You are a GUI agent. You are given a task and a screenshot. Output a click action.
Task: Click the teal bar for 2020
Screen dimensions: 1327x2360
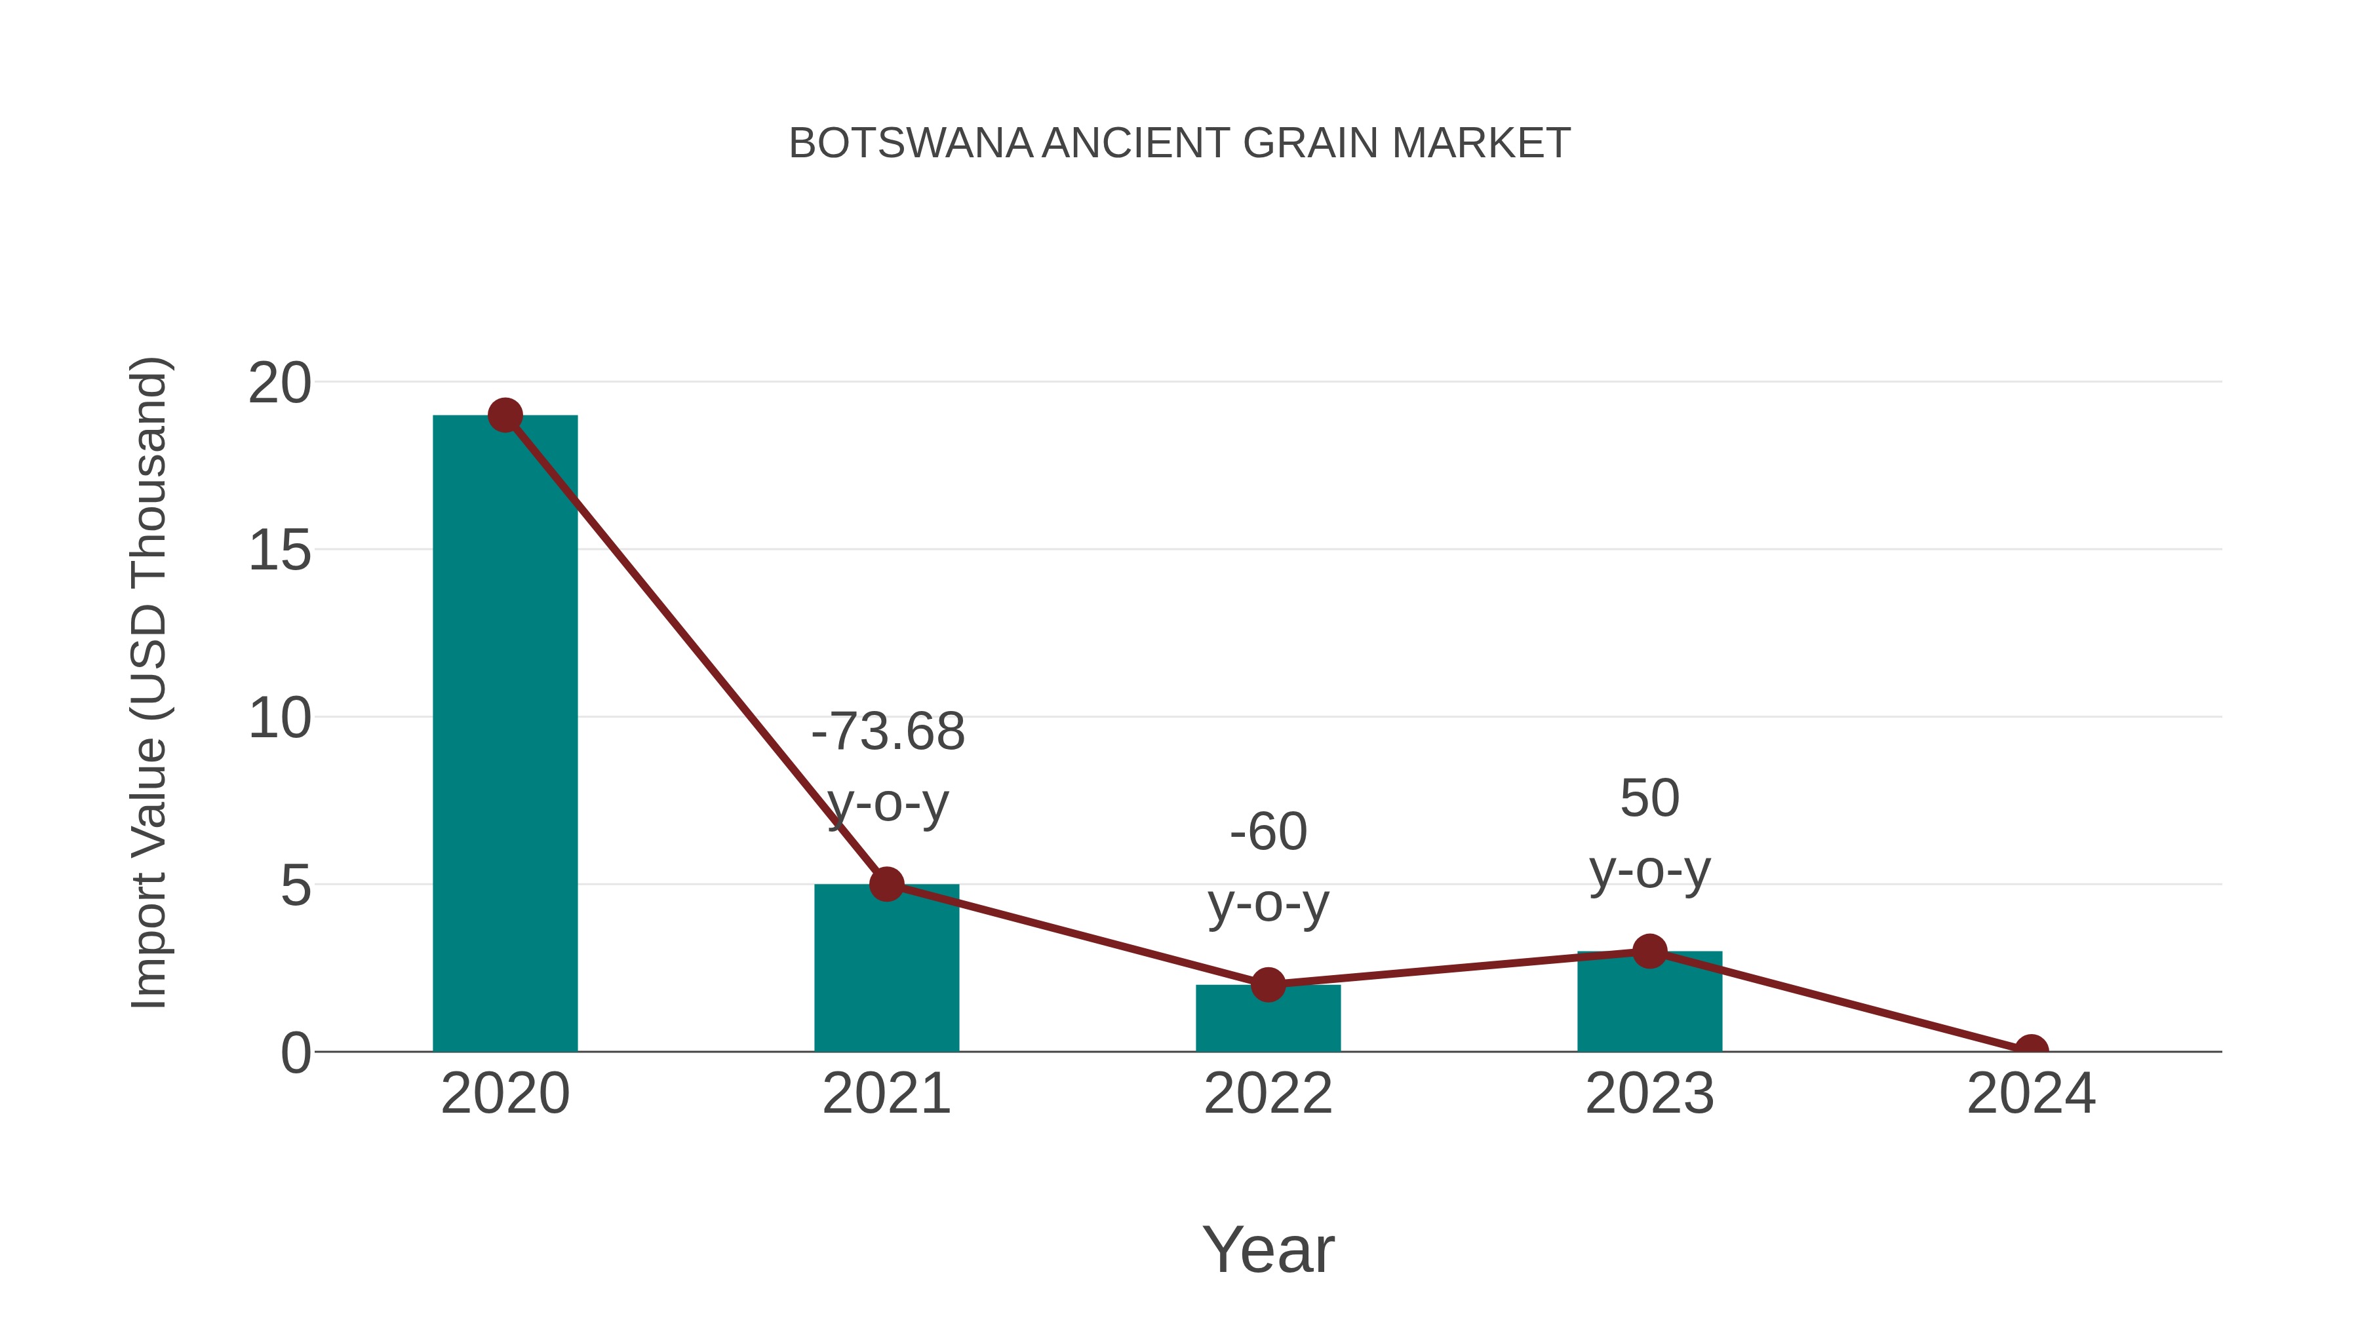505,733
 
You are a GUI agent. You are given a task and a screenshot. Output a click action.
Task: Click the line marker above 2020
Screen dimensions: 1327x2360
505,415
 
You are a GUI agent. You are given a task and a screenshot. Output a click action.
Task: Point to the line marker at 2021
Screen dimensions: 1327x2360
886,885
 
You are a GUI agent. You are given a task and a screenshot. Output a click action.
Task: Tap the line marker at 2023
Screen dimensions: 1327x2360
1649,952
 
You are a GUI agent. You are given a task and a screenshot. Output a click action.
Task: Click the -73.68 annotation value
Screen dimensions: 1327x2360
888,732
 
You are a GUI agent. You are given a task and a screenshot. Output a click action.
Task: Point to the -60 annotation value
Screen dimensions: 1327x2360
1268,832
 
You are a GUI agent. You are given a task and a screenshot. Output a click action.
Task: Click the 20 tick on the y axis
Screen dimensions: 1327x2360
279,383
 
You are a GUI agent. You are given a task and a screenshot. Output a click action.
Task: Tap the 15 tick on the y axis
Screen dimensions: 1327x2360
279,550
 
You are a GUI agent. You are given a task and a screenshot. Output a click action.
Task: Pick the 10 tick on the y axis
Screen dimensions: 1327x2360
279,718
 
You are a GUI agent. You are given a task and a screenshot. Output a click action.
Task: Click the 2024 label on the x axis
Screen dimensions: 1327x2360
2031,1094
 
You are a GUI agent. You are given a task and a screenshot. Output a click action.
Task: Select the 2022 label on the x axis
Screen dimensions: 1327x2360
1268,1094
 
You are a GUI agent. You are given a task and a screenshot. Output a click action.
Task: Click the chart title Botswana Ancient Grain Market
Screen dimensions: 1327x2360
1179,144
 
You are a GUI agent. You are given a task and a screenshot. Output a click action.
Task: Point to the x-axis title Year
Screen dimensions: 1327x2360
1268,1249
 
